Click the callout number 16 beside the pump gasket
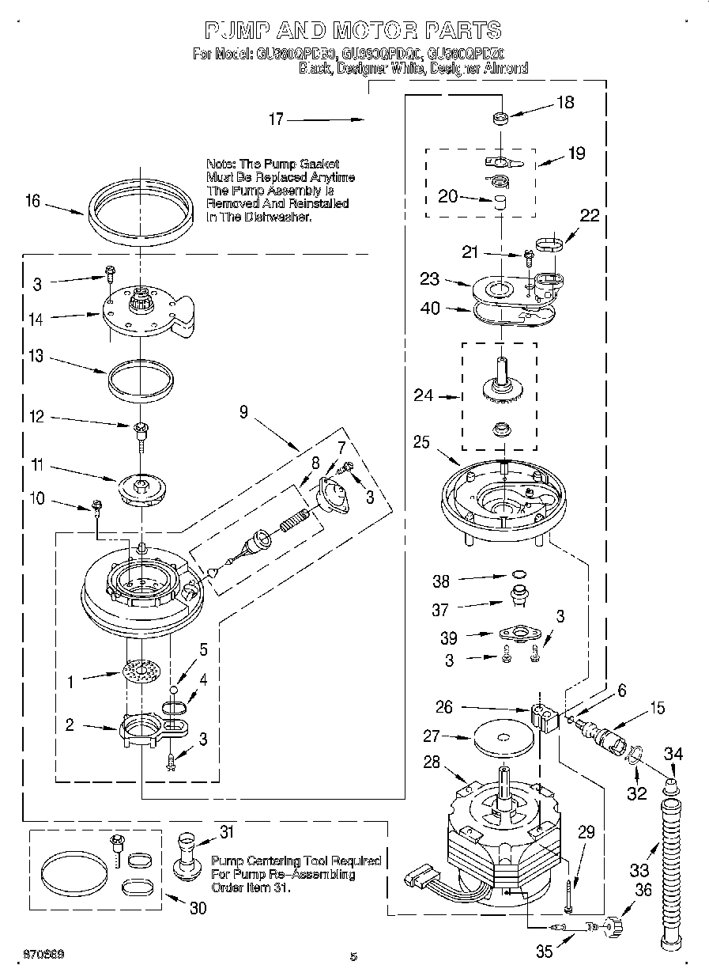click(x=32, y=201)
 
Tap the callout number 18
click(x=565, y=102)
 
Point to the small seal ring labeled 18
click(x=500, y=119)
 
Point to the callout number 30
click(x=197, y=908)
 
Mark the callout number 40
click(x=430, y=309)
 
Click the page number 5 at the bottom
click(x=353, y=956)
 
